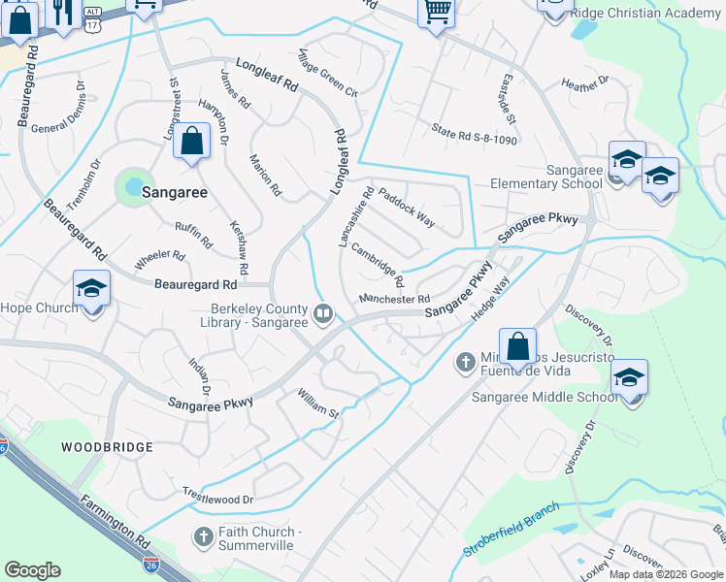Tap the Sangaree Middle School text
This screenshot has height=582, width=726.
[x=544, y=397]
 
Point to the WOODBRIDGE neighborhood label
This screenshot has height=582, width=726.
[x=107, y=447]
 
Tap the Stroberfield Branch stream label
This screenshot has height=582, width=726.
[x=511, y=532]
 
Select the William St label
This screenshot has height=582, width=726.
[x=318, y=404]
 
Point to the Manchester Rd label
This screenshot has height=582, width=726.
[x=394, y=299]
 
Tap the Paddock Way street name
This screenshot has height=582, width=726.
[x=407, y=207]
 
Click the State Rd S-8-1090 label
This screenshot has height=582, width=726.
[x=475, y=128]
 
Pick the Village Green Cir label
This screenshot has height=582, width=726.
[x=329, y=73]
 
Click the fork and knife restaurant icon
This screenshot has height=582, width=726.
[x=63, y=14]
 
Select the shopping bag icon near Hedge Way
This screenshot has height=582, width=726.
[x=518, y=347]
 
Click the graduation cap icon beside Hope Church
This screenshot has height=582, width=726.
[x=92, y=289]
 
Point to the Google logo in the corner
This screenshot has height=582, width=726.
[x=33, y=570]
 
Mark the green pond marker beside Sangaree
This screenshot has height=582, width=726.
[x=134, y=184]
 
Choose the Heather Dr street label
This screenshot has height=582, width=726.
[x=585, y=86]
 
